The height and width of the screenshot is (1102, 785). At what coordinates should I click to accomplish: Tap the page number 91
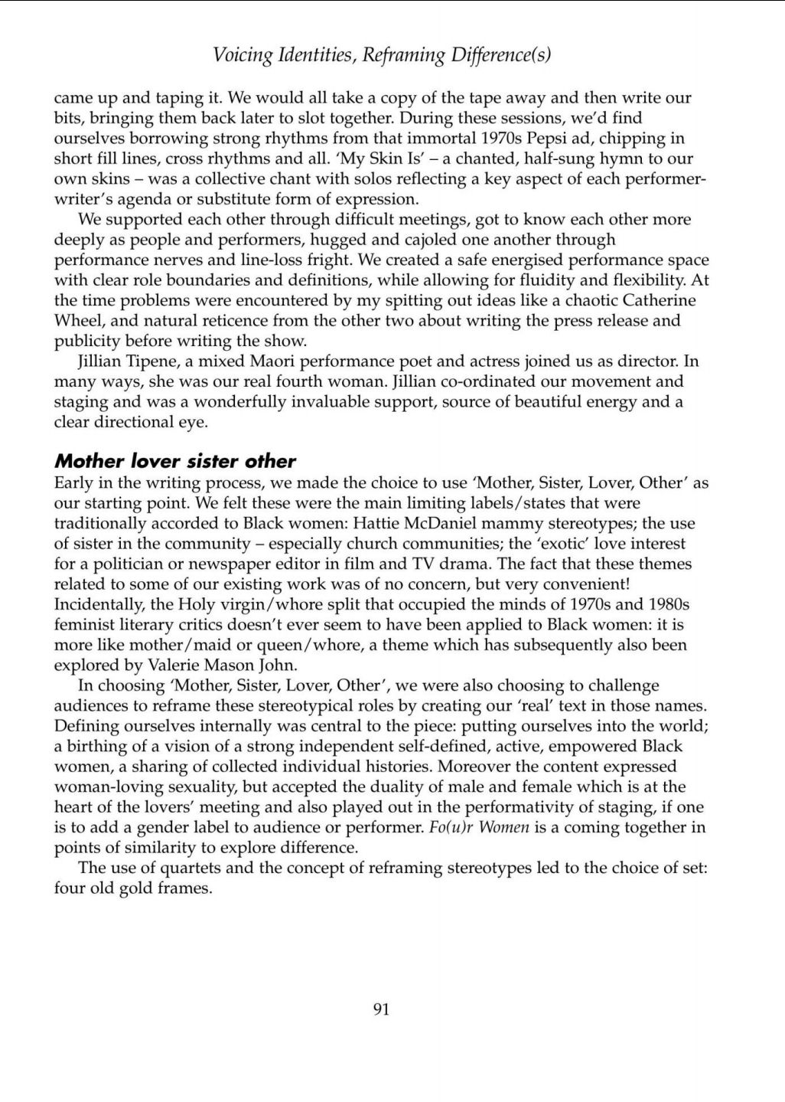tap(381, 1009)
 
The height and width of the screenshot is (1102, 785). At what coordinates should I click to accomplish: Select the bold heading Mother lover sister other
tap(174, 461)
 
